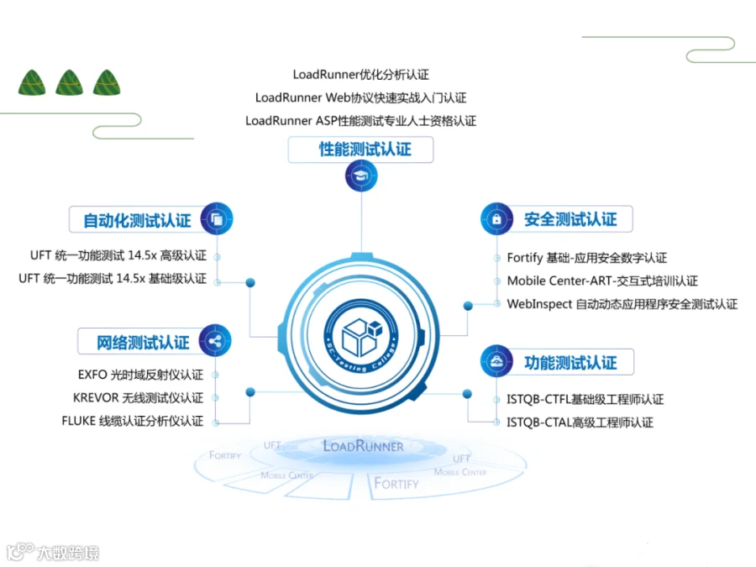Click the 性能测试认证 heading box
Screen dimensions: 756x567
362,150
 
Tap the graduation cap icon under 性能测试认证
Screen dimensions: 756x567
361,176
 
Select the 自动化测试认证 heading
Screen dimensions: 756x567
137,221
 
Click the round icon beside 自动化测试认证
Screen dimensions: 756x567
217,219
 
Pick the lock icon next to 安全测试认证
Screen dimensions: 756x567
496,218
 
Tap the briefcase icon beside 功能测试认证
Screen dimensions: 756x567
496,361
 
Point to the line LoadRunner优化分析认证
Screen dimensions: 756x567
361,75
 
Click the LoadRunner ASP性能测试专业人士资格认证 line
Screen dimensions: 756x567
361,121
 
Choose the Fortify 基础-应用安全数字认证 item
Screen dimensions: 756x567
586,258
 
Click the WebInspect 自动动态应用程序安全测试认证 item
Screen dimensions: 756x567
622,304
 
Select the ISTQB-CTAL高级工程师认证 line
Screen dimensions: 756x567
580,423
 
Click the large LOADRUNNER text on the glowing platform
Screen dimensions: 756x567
363,446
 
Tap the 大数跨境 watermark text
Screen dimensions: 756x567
67,553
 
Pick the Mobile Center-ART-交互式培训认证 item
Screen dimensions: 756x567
601,281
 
